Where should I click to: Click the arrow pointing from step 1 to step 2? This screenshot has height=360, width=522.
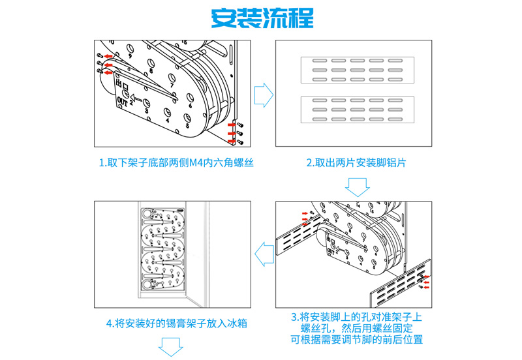click(x=263, y=93)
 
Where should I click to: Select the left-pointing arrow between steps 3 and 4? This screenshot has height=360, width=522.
click(x=263, y=253)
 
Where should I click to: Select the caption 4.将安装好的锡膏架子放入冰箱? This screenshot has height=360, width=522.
click(x=176, y=323)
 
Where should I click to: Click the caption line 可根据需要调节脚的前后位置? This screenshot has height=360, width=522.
click(x=356, y=339)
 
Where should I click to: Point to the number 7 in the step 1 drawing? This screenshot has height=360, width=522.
click(x=172, y=85)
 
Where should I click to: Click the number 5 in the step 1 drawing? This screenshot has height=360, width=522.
click(x=187, y=125)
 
